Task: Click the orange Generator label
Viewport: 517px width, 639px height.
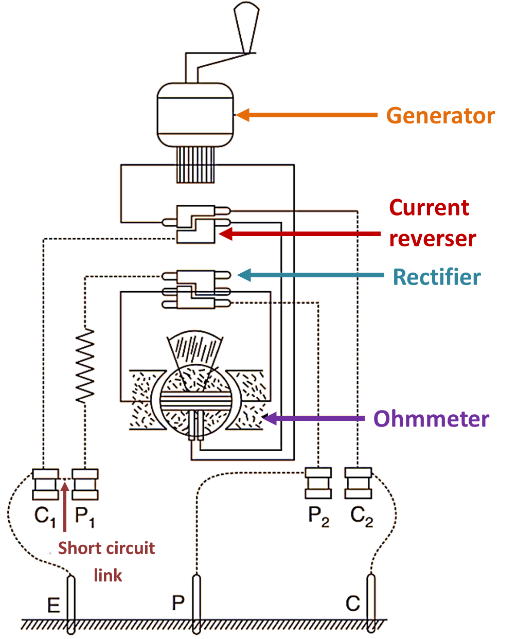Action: pos(440,115)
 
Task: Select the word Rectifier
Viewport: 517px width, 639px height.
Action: pos(437,277)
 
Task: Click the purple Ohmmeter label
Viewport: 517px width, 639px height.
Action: pos(431,419)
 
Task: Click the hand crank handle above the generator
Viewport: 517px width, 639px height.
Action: pos(245,26)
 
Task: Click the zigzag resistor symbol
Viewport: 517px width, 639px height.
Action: pos(85,365)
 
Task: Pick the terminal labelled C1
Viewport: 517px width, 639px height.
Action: pos(45,484)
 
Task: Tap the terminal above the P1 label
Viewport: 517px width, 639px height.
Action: pos(85,484)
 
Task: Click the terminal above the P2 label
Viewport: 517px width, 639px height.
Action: pos(318,483)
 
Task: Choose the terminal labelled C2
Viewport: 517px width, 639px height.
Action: pos(358,483)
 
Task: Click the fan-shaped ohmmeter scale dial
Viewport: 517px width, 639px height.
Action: pos(195,350)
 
